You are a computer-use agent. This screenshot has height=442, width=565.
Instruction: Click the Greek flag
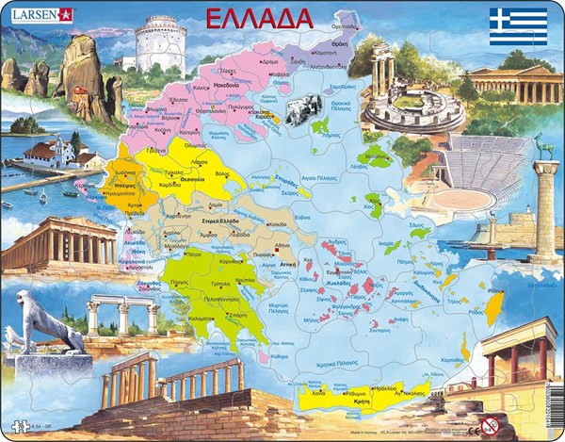tap(517, 21)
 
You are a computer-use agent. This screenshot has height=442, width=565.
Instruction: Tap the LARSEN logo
tap(39, 14)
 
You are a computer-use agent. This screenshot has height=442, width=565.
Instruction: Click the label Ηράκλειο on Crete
tap(384, 387)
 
